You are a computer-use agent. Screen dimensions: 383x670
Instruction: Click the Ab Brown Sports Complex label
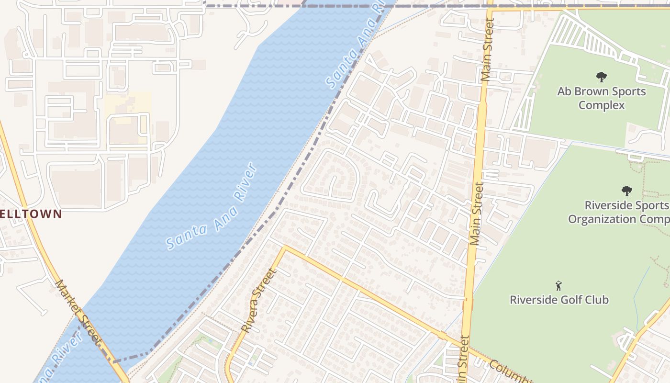click(x=601, y=98)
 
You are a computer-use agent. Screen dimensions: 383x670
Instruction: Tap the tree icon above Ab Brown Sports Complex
click(x=602, y=77)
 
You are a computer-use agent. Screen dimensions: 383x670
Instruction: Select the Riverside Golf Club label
click(x=559, y=300)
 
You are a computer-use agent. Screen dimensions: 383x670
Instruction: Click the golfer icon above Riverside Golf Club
click(x=558, y=286)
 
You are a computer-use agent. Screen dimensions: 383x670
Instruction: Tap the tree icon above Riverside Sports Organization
click(x=626, y=191)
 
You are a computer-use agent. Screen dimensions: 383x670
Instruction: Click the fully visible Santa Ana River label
click(x=212, y=207)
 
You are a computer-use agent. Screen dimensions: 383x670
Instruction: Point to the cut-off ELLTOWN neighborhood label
click(x=31, y=214)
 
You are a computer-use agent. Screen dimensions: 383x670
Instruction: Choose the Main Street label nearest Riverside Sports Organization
click(x=477, y=214)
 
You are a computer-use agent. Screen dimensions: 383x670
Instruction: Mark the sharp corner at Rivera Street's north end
click(x=285, y=248)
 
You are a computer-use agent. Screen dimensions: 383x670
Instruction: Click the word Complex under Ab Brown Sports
click(x=602, y=105)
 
